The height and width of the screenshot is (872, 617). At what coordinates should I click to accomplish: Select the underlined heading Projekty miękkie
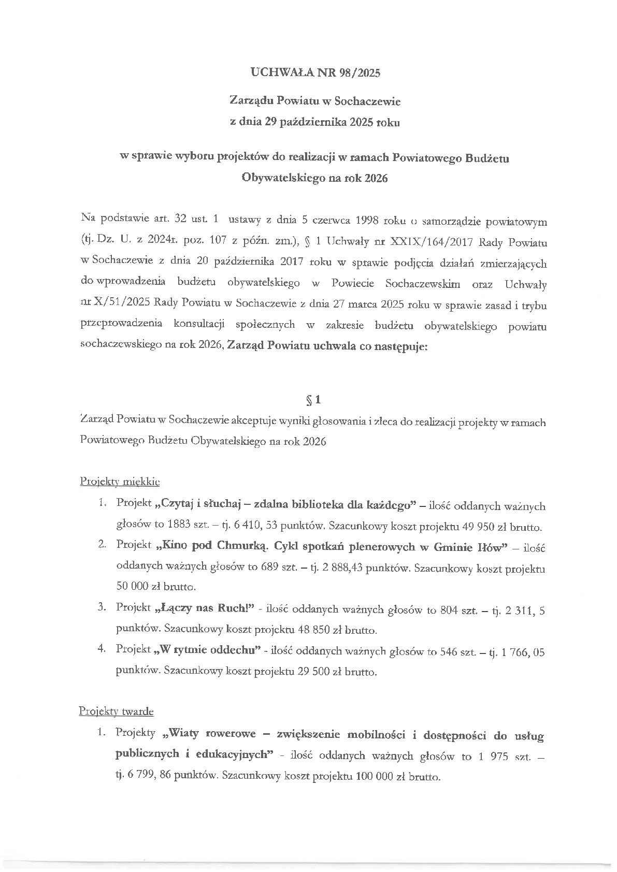click(x=120, y=482)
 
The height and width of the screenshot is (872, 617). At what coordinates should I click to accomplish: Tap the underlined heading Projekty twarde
click(x=117, y=711)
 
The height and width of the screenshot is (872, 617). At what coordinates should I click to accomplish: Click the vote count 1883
click(x=179, y=528)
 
